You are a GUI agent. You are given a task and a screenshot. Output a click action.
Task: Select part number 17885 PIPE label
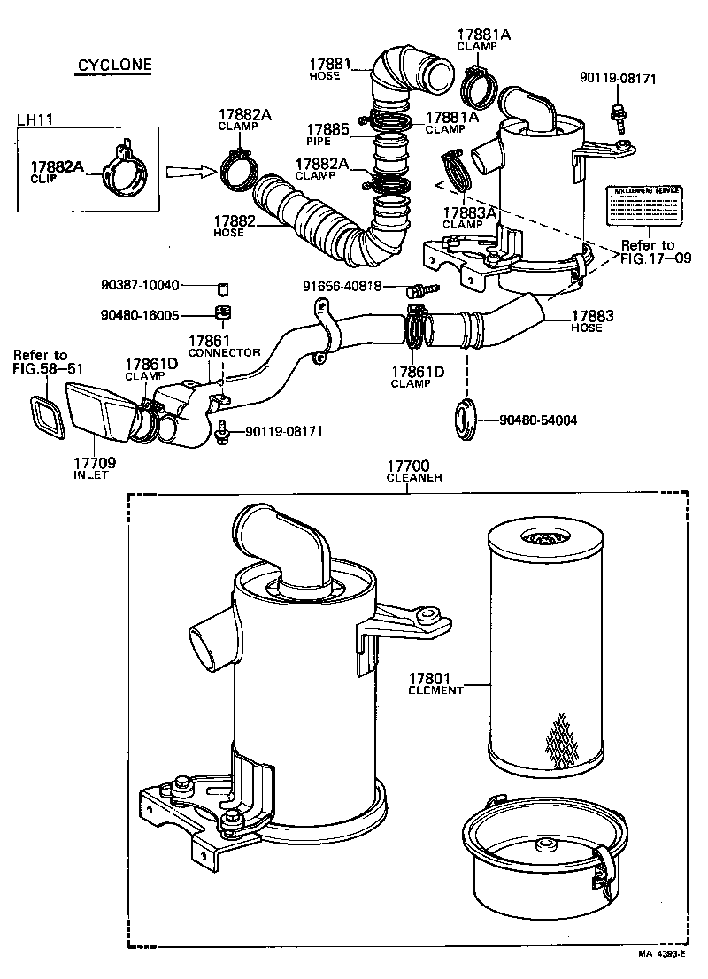point(327,133)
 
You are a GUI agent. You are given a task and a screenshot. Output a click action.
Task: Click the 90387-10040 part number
point(140,285)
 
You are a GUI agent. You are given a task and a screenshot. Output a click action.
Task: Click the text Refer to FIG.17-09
point(647,253)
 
